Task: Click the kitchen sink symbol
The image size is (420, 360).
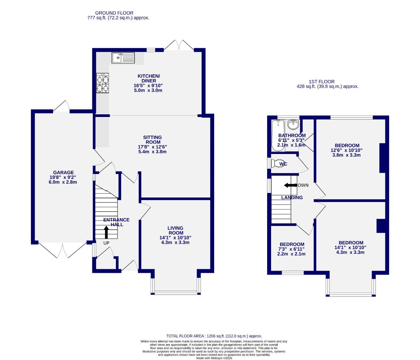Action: [x=123, y=58]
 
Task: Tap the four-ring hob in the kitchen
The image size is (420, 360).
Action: [x=103, y=83]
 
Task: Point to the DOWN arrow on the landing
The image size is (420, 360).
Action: [x=290, y=185]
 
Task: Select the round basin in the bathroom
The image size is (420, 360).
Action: [x=293, y=125]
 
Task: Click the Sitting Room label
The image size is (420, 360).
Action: [x=153, y=140]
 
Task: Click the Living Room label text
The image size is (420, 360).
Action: [x=176, y=230]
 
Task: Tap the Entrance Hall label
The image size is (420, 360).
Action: [x=116, y=222]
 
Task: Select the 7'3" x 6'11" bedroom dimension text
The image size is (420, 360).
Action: [x=291, y=249]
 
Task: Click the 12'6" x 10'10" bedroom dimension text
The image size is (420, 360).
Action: [x=347, y=150]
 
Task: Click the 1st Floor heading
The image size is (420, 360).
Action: [x=321, y=82]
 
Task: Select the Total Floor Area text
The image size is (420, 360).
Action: [x=214, y=336]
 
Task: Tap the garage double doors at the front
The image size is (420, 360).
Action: [x=62, y=250]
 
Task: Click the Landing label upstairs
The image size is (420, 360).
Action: [x=292, y=198]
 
